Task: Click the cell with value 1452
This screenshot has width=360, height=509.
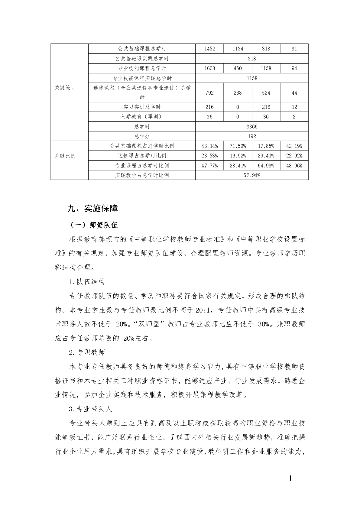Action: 209,49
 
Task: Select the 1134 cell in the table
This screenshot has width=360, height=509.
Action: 238,49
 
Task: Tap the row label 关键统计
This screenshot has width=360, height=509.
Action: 65,88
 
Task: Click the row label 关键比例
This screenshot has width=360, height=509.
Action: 65,156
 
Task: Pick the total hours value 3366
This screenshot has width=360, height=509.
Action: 252,127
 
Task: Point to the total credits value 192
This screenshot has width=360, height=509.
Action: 252,136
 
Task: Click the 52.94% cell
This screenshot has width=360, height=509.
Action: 252,175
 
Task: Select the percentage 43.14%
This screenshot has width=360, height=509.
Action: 209,146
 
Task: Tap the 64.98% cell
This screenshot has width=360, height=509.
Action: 266,166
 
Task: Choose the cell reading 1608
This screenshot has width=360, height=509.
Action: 209,68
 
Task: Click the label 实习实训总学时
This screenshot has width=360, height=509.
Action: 142,107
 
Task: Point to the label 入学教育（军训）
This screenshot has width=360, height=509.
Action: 142,117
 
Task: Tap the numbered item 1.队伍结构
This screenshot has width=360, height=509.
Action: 87,282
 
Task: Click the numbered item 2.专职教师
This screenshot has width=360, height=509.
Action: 87,352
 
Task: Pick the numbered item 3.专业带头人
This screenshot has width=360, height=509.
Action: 90,409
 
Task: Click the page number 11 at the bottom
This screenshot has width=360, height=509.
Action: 293,478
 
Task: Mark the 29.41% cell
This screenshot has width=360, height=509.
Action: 266,156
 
